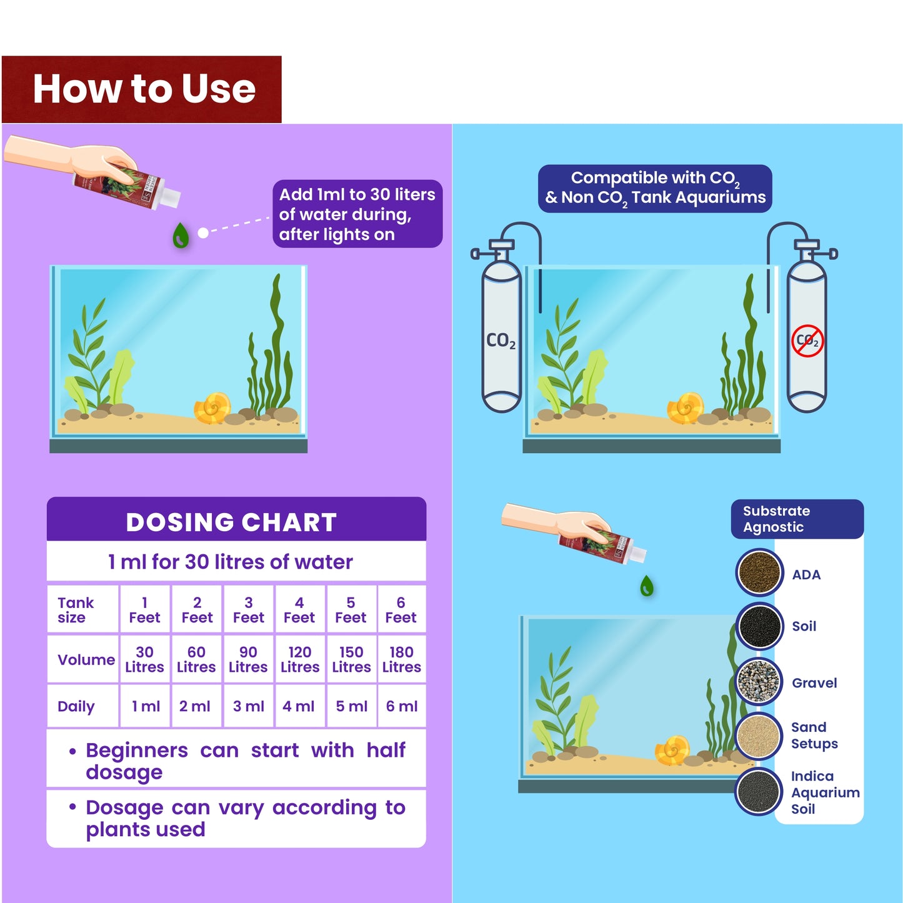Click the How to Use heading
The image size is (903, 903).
(x=144, y=89)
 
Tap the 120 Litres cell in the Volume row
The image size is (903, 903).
(x=300, y=659)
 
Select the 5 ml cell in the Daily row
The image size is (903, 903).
(x=351, y=706)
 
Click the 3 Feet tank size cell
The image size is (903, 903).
(x=248, y=610)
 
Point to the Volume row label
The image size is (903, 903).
(x=86, y=660)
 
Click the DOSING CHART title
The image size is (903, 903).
(x=231, y=522)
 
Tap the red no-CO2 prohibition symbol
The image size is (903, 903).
(x=807, y=341)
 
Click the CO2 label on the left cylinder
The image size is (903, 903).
(x=501, y=341)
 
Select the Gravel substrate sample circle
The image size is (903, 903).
(x=759, y=682)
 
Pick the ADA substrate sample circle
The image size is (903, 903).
(x=759, y=572)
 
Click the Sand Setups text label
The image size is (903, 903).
(x=814, y=736)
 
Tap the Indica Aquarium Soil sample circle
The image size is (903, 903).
(x=759, y=792)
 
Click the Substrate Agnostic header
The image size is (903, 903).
(x=776, y=519)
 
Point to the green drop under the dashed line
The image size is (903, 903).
(x=181, y=236)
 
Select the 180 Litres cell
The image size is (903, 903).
(x=401, y=659)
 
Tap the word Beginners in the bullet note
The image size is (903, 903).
(x=136, y=750)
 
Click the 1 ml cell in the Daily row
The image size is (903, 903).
(x=145, y=706)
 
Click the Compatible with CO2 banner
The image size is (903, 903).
(x=655, y=187)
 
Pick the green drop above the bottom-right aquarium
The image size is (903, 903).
(x=647, y=586)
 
